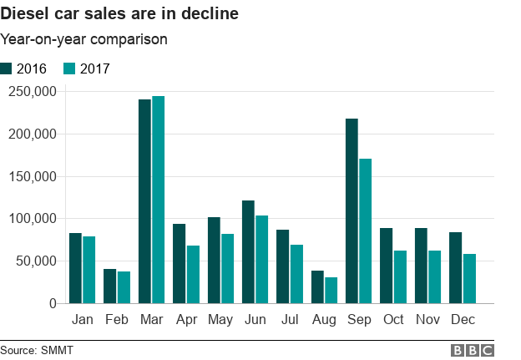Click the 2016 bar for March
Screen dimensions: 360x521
pos(144,201)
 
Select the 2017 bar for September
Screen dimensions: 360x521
pos(365,231)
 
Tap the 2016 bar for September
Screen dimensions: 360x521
pos(352,211)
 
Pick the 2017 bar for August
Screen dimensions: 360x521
pos(331,291)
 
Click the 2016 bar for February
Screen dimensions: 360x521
pos(110,286)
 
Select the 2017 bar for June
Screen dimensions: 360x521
pos(261,260)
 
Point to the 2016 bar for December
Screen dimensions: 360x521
pos(455,268)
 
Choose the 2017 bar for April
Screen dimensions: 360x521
pos(193,275)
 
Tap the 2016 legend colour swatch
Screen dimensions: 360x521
pos(7,69)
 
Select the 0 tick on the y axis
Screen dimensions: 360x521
pos(52,304)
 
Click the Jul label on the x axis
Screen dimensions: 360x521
pos(290,321)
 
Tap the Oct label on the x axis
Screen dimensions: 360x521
pos(392,321)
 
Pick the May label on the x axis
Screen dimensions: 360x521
pos(220,321)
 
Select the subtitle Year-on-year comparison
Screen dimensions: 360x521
pos(83,39)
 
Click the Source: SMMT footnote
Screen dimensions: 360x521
pos(37,350)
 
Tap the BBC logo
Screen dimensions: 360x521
pos(473,350)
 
